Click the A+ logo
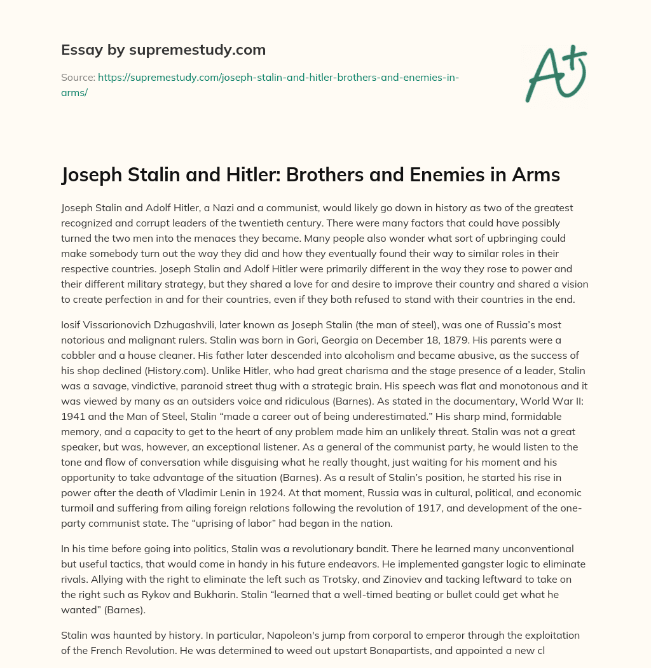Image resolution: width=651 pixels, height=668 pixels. click(x=555, y=74)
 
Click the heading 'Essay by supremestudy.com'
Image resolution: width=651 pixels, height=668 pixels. click(x=163, y=49)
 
